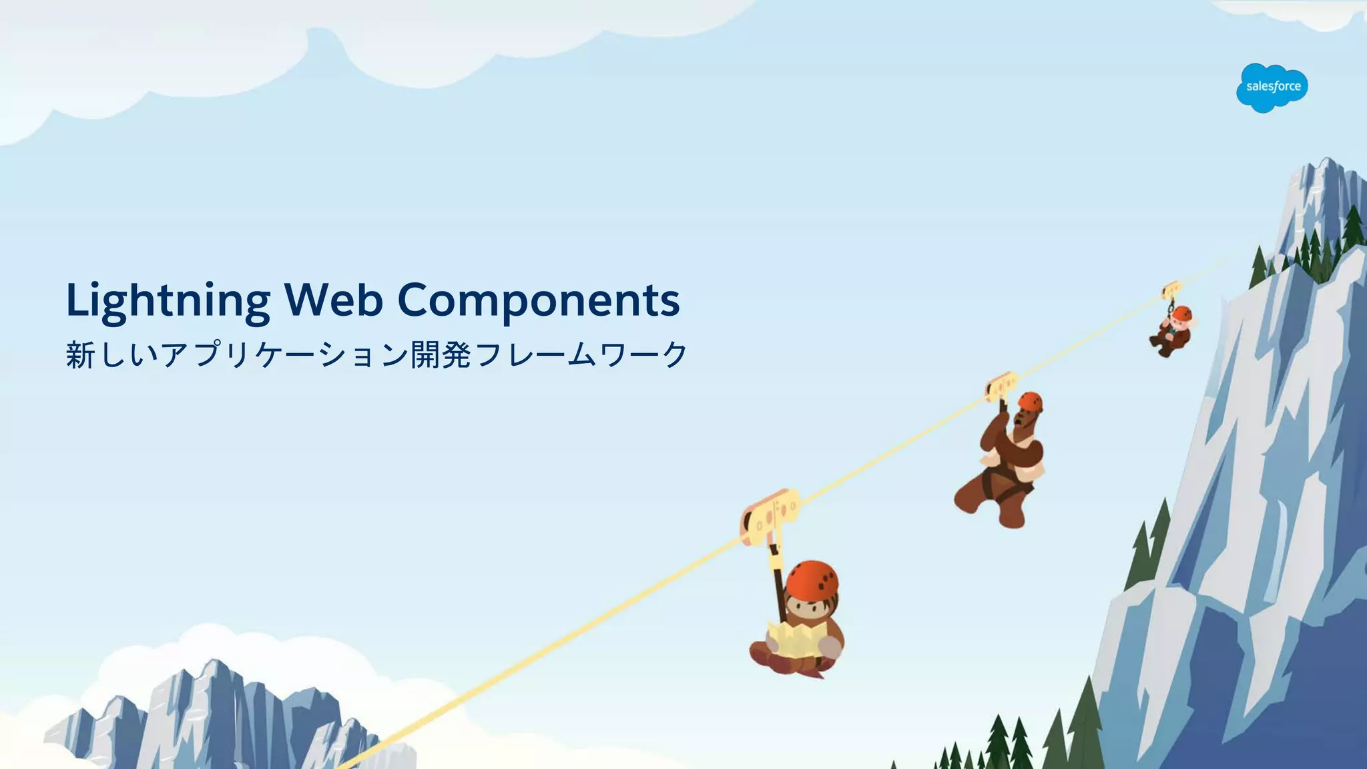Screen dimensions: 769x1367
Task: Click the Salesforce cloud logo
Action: click(1272, 87)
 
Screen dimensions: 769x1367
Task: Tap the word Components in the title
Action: click(539, 300)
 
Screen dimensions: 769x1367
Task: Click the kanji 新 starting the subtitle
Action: click(81, 354)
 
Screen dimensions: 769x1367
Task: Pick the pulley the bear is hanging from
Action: click(1001, 387)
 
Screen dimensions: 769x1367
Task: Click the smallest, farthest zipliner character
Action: click(1171, 331)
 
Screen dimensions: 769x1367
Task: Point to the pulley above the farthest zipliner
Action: click(1171, 290)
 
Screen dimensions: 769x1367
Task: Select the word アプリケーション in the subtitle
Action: click(284, 354)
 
